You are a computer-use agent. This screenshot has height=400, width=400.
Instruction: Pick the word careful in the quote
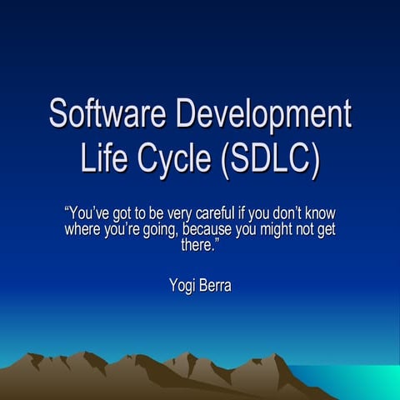pos(224,212)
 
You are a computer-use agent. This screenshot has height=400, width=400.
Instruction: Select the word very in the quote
pos(185,212)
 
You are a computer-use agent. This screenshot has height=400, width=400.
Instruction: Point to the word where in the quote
pos(83,228)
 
